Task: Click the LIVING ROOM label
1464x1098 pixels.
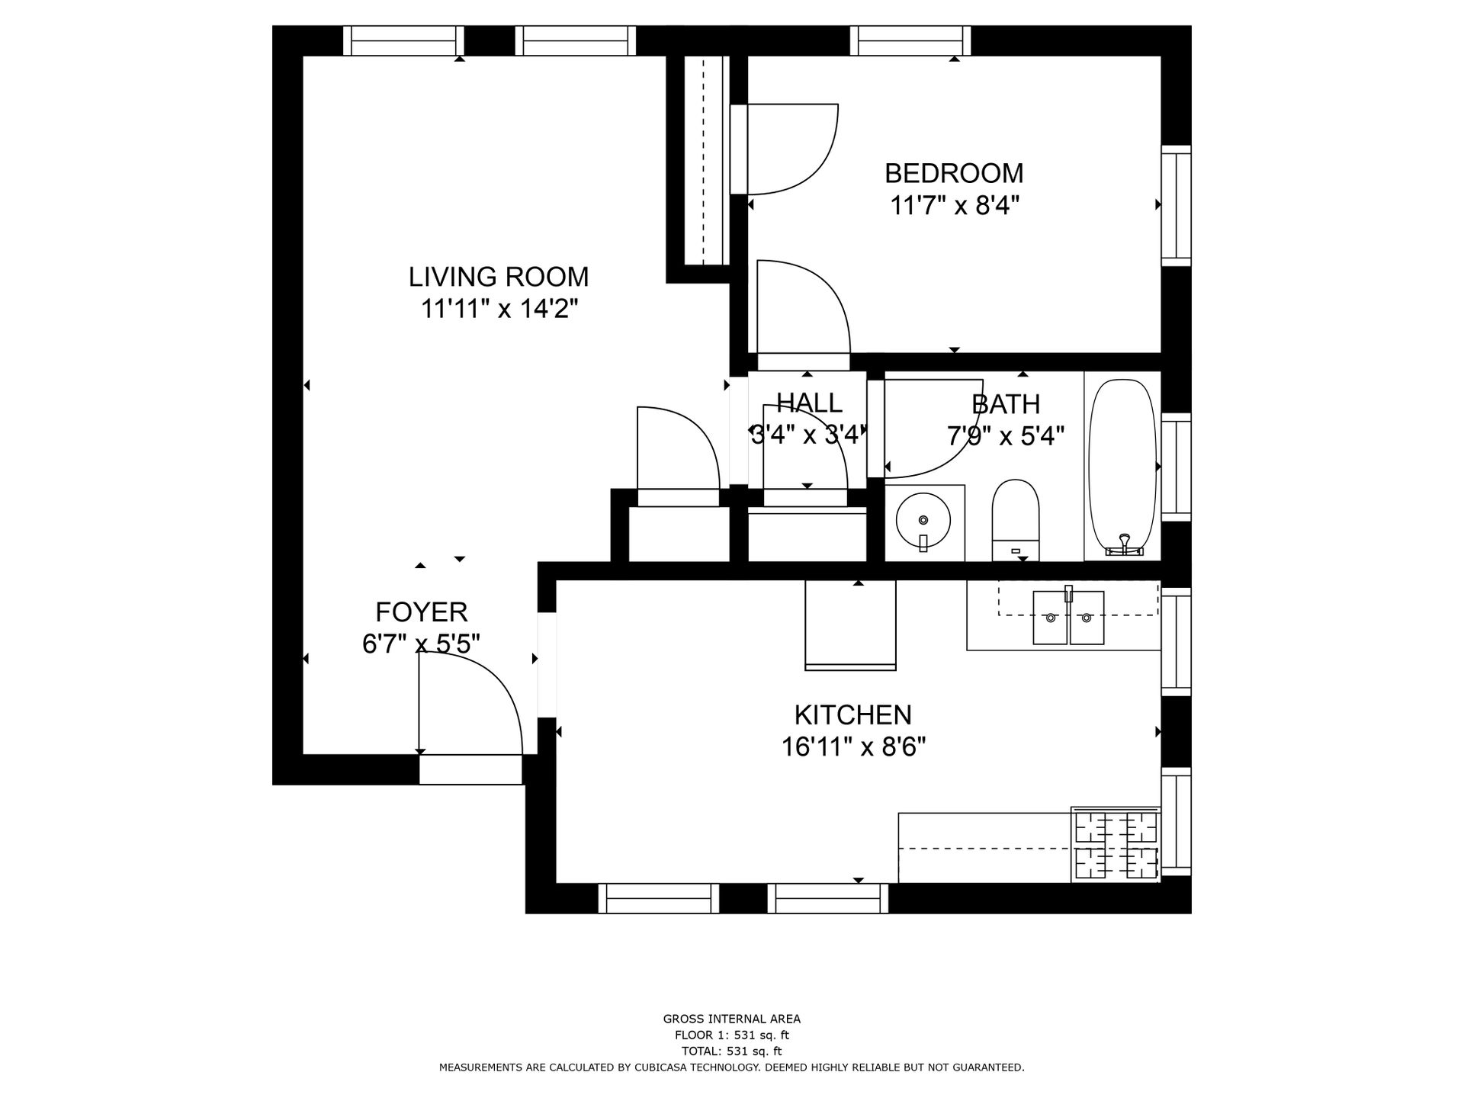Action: (x=498, y=277)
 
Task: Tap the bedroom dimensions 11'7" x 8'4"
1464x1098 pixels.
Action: (x=954, y=206)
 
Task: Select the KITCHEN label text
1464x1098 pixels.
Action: (x=852, y=715)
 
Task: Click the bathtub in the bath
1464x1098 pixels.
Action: (x=1121, y=461)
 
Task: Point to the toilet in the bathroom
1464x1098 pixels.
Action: (x=1016, y=518)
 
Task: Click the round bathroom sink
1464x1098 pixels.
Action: (x=923, y=521)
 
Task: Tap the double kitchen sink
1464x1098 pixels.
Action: (x=1068, y=617)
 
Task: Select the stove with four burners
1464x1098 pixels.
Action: (x=1116, y=845)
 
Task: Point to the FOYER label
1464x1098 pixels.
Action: (x=421, y=612)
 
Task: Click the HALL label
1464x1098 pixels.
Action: (x=809, y=403)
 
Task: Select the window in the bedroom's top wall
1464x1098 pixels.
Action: (x=910, y=40)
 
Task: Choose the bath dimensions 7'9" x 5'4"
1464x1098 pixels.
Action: (x=1005, y=436)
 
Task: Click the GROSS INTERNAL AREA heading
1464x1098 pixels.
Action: (x=731, y=1019)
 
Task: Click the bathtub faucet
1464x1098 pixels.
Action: (x=1123, y=543)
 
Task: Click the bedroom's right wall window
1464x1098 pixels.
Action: (x=1176, y=206)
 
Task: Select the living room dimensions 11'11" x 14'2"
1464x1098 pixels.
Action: (x=498, y=310)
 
